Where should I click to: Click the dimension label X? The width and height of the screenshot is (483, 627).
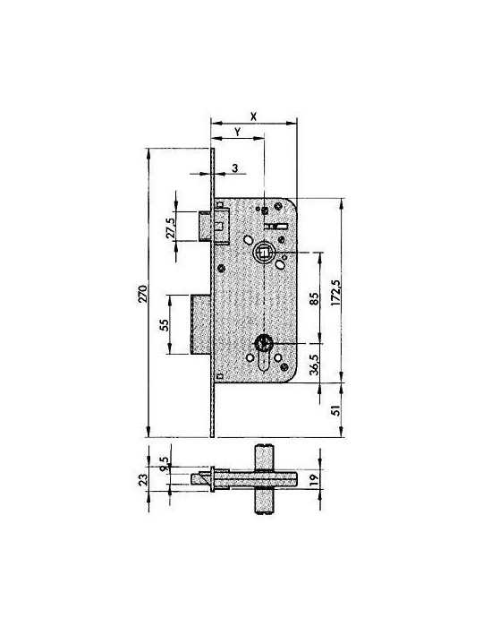pyautogui.click(x=253, y=116)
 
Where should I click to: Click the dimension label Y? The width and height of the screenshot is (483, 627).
pyautogui.click(x=238, y=132)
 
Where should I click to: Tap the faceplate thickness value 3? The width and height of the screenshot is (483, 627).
pyautogui.click(x=235, y=168)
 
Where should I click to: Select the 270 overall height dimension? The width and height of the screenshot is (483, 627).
pyautogui.click(x=143, y=294)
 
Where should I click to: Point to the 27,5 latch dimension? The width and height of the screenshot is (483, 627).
pyautogui.click(x=171, y=228)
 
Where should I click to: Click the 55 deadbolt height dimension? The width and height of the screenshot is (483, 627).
pyautogui.click(x=164, y=324)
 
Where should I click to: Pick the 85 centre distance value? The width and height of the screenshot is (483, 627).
pyautogui.click(x=314, y=298)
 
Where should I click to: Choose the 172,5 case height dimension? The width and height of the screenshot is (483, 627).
pyautogui.click(x=335, y=293)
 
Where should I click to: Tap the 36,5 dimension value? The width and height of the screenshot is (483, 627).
pyautogui.click(x=314, y=365)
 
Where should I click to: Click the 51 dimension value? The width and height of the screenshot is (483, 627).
pyautogui.click(x=337, y=410)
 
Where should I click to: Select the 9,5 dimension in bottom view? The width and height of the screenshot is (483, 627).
pyautogui.click(x=164, y=464)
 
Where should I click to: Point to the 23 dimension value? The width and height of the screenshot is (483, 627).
pyautogui.click(x=143, y=479)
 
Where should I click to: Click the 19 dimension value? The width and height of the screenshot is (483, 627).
pyautogui.click(x=314, y=477)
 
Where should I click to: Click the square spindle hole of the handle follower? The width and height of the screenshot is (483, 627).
pyautogui.click(x=264, y=252)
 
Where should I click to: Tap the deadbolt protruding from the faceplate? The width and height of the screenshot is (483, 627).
pyautogui.click(x=200, y=324)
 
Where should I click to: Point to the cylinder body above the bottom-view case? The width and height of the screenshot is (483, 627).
pyautogui.click(x=264, y=459)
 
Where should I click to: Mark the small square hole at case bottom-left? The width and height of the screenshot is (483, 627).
pyautogui.click(x=219, y=376)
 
